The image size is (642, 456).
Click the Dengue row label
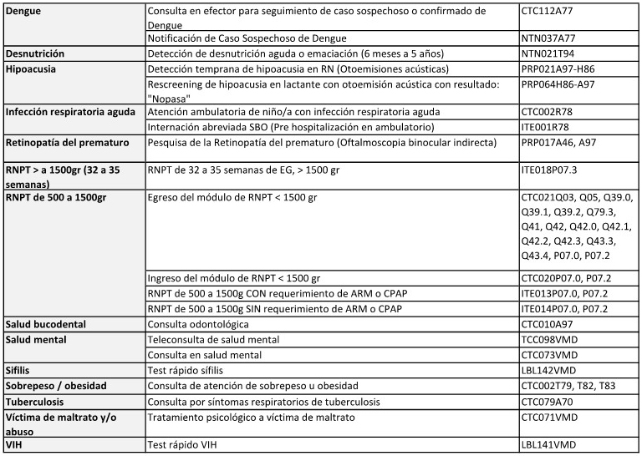click(x=26, y=11)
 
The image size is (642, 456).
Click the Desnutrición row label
click(x=35, y=53)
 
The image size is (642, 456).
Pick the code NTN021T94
click(x=549, y=53)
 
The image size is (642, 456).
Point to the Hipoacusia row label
click(x=31, y=68)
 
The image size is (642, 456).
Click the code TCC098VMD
click(x=549, y=339)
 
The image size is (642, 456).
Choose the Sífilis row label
click(x=19, y=369)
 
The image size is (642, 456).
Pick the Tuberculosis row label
click(x=37, y=401)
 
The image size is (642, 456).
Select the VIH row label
click(x=15, y=445)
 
